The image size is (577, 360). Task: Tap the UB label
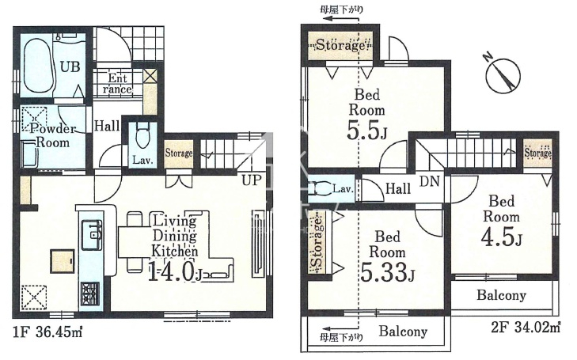tap(70, 67)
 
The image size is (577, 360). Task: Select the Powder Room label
tap(52, 135)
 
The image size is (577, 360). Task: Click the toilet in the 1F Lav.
tap(142, 136)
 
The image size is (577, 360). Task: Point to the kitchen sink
tap(91, 234)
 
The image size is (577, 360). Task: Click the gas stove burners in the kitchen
tap(89, 294)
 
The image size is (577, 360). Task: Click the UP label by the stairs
tap(252, 180)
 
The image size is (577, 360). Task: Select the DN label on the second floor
tap(430, 181)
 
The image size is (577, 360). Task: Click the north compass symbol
tap(503, 74)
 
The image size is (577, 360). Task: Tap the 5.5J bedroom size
tap(366, 131)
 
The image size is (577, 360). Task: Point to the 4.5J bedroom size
tap(501, 237)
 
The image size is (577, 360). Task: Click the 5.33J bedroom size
tap(387, 271)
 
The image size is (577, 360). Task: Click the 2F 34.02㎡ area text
tap(526, 327)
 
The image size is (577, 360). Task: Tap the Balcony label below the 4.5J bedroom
tap(501, 295)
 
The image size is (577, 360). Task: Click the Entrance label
tap(117, 84)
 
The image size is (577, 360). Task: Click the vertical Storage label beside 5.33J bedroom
tap(317, 242)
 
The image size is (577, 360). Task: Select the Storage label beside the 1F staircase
tap(178, 153)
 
